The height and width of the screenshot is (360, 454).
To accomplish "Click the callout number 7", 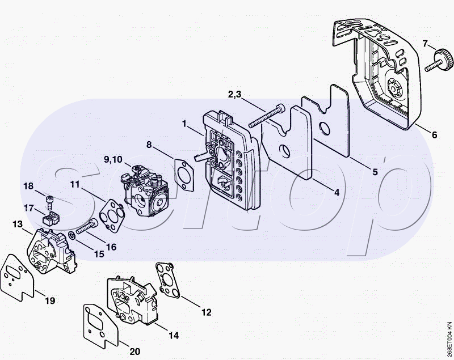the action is (x=425, y=44).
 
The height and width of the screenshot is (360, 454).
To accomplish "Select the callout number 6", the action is (x=434, y=135).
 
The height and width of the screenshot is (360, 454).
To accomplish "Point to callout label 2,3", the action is (x=234, y=94).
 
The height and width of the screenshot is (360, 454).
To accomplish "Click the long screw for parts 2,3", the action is (x=267, y=116).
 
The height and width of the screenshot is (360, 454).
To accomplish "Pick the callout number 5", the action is (x=375, y=172).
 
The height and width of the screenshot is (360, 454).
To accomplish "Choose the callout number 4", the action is (x=337, y=192).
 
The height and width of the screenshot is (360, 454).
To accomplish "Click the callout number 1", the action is (x=184, y=124).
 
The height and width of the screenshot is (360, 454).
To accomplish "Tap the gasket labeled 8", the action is (x=184, y=175).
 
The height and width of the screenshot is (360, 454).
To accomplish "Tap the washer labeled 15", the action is (x=73, y=235).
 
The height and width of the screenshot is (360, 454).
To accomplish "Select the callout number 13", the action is (x=18, y=224).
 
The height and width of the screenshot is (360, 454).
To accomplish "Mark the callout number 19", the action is (x=50, y=300).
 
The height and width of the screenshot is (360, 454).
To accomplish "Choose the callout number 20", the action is (x=135, y=351).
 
